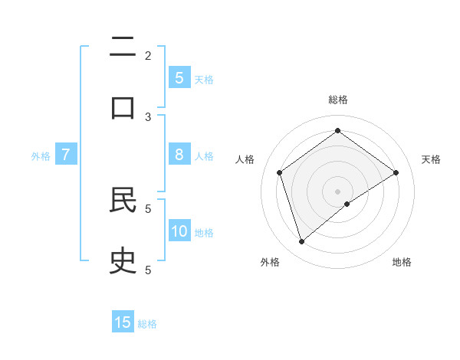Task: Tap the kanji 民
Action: coord(123,201)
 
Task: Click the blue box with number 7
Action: coord(66,155)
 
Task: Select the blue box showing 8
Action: coord(179,155)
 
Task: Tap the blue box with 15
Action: coord(123,322)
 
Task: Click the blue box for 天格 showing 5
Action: coord(179,77)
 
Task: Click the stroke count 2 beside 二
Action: coord(148,55)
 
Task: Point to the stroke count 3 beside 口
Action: coord(148,116)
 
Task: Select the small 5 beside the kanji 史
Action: coord(148,269)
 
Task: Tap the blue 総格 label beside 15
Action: coord(147,324)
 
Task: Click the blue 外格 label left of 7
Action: coord(41,156)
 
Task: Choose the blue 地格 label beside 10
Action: coord(204,233)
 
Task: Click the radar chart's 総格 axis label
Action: coord(338,100)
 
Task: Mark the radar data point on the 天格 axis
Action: coord(396,172)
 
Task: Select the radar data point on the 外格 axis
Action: coord(301,242)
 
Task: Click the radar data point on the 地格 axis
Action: coord(347,204)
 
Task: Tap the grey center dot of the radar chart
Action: coord(338,191)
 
